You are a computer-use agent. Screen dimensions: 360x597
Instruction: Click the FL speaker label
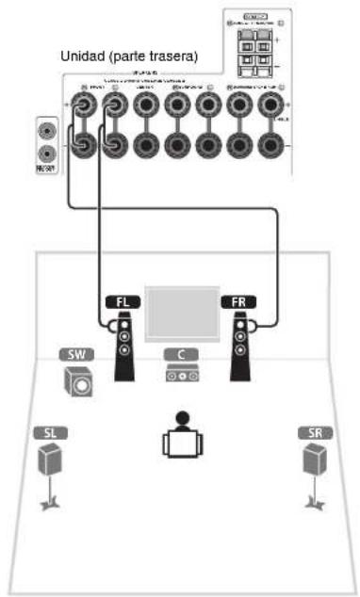121,303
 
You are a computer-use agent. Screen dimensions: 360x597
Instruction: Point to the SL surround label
51,434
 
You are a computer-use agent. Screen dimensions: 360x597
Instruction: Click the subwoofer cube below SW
78,382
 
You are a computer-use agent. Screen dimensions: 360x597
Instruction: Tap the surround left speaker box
49,460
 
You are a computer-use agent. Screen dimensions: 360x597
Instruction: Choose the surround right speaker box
314,460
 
